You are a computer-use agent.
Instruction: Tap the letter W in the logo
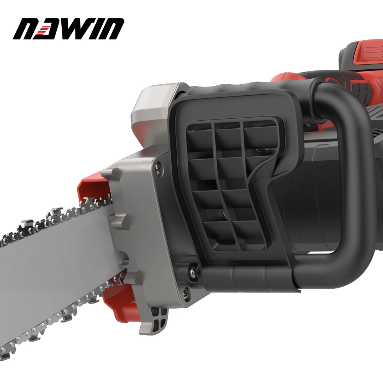pos(83,29)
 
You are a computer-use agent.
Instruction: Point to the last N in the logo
pos(113,29)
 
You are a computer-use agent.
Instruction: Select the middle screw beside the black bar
pos(190,270)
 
